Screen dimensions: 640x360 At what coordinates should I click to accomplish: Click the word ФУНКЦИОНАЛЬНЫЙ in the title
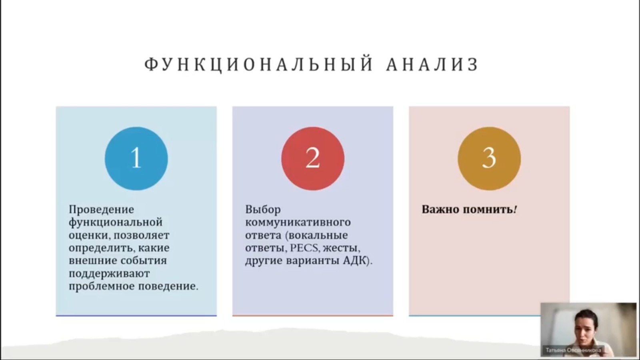(259, 64)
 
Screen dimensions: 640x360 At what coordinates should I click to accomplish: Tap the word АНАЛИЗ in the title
(432, 64)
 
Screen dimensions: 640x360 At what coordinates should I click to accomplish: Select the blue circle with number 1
(136, 158)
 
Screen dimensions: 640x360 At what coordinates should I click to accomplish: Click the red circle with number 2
(313, 158)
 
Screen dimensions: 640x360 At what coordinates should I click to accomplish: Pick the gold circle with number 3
(489, 158)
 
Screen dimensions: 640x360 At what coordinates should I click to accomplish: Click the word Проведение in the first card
(102, 210)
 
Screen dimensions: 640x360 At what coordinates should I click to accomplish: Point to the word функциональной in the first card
(116, 222)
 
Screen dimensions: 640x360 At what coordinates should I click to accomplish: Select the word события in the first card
(144, 260)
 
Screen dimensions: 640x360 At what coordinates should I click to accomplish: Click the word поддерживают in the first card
(109, 274)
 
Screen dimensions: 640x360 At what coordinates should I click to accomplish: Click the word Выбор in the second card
(263, 210)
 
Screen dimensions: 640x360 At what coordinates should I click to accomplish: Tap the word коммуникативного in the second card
(298, 222)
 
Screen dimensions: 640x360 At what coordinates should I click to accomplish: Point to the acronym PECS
(304, 248)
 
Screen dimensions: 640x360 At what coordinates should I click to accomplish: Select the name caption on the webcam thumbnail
(573, 350)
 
